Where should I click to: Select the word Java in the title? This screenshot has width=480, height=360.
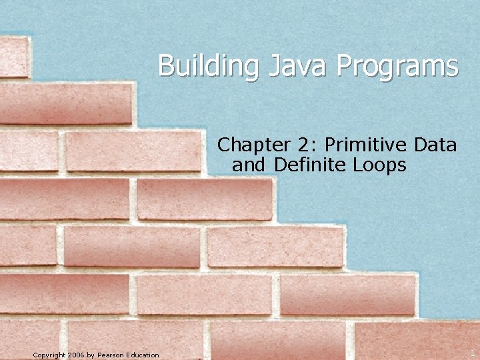290,67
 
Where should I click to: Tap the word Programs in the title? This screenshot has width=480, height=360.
397,67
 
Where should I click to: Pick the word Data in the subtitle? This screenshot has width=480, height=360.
435,144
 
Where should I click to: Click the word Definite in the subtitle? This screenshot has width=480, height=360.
307,164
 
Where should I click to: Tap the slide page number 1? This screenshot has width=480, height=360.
472,352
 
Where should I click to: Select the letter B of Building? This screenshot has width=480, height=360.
166,67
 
